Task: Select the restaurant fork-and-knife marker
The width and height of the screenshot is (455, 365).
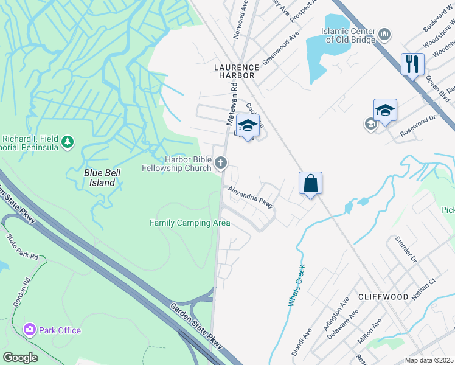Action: [412, 63]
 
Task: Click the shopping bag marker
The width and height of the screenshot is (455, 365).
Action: [310, 182]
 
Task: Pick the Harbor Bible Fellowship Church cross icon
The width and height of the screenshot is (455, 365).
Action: [221, 162]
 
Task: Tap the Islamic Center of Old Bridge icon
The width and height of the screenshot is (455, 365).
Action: [384, 35]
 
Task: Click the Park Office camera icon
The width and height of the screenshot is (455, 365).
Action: [29, 330]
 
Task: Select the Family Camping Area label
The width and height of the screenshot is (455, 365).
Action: [190, 223]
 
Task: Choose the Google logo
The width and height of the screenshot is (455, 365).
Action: [19, 358]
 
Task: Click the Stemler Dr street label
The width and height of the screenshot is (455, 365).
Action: [405, 250]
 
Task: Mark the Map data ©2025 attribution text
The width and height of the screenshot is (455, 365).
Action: [429, 360]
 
